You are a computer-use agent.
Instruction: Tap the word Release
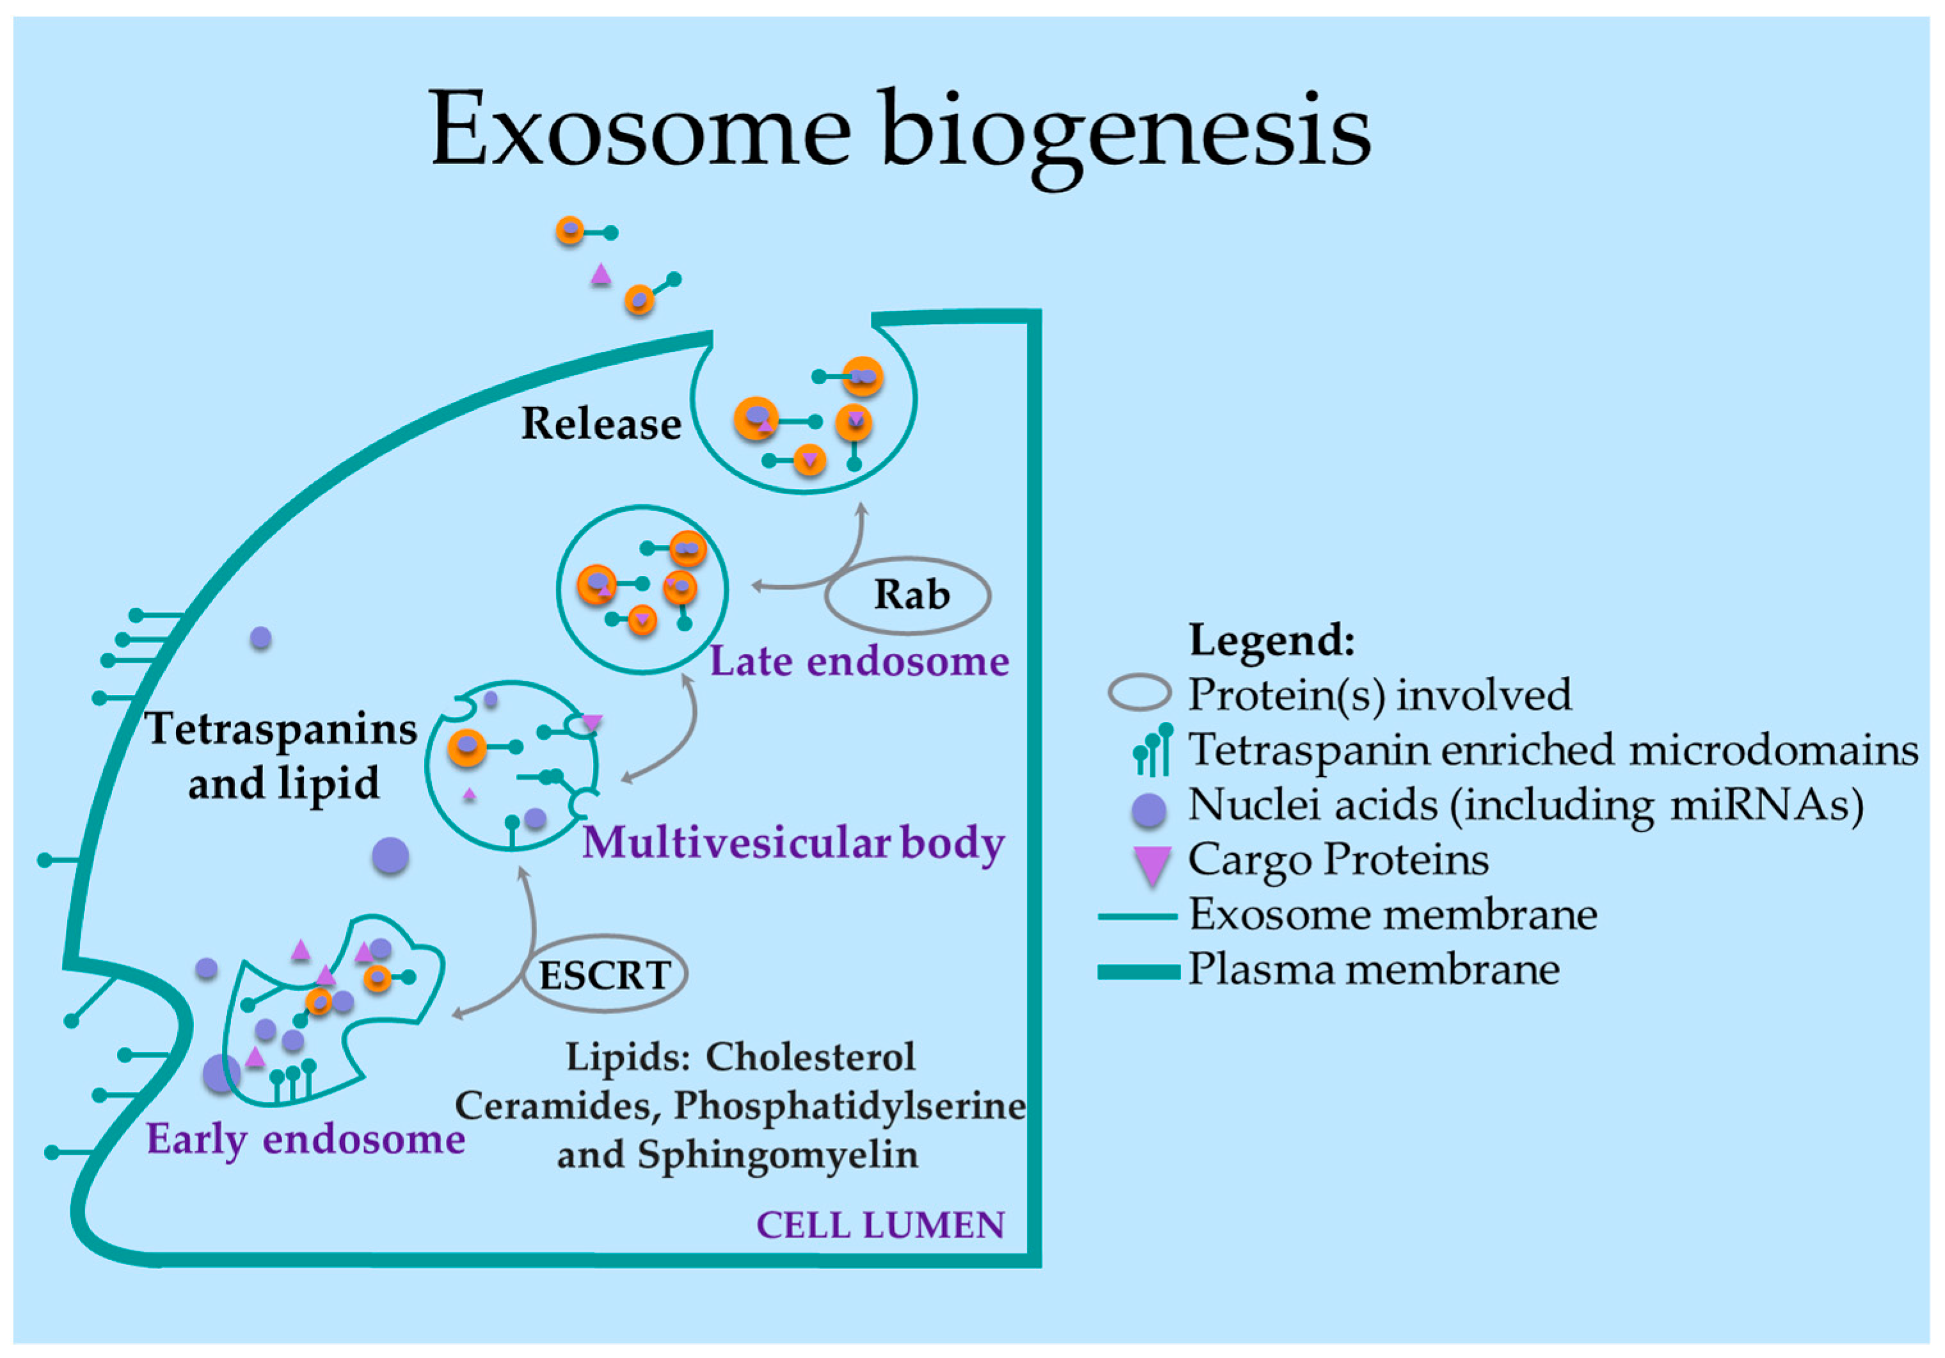point(601,423)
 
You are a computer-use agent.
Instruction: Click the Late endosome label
point(859,661)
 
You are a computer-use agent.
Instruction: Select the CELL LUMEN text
point(880,1225)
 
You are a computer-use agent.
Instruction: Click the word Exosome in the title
point(640,129)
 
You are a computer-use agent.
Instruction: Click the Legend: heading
point(1271,639)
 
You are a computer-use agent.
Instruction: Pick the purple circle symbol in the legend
point(1148,809)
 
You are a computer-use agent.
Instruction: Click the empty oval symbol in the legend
point(1139,692)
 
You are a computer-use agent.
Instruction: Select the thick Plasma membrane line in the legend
point(1139,971)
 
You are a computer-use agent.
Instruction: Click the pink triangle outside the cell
point(601,274)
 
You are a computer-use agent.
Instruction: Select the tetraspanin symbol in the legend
point(1153,751)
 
